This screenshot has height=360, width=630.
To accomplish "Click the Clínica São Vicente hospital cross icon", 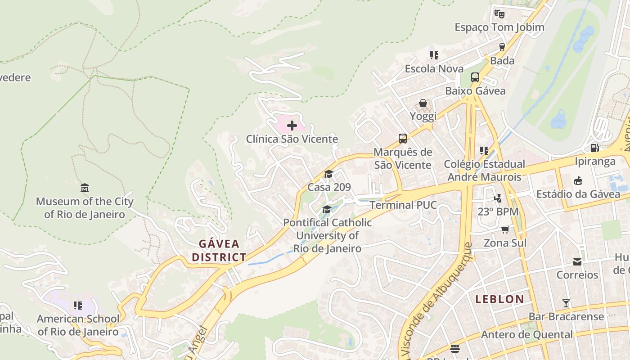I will point(292,125).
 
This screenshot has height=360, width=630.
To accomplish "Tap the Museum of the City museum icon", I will point(84,187).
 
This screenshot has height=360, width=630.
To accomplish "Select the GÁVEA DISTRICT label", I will point(219,251).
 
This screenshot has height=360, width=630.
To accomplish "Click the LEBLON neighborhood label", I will point(499,299).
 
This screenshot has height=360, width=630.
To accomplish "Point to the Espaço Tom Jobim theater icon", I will point(499,13).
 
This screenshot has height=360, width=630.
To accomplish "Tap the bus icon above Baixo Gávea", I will point(475,77).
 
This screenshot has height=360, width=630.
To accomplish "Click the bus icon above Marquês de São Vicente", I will point(402,138).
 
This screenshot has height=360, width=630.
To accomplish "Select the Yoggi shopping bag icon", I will point(423,103).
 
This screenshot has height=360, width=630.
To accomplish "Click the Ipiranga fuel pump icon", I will point(594,148).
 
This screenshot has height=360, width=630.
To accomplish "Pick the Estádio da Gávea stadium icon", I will point(578,180).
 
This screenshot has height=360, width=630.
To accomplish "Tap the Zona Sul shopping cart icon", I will point(505,229).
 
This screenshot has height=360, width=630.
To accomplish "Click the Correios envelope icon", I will point(577,261).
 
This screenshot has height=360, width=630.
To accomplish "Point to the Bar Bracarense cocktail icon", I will point(566,303).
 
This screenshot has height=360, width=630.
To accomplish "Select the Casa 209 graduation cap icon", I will point(328,174).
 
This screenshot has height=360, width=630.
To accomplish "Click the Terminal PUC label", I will point(403,205).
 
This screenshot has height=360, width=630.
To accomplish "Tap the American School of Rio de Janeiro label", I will point(78,325).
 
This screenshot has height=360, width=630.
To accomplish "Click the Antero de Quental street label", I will point(527,335).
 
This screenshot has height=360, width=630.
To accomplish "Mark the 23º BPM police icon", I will point(498,198).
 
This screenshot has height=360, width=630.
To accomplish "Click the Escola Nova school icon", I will point(434,55).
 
